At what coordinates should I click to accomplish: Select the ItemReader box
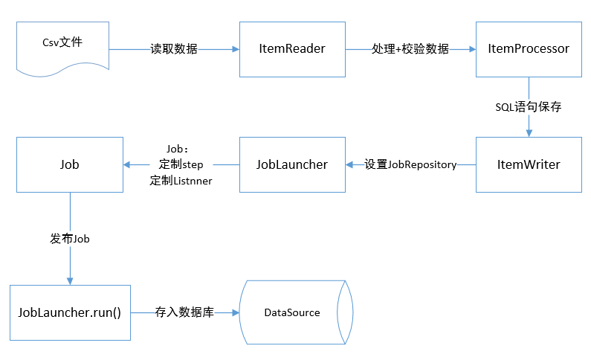[292, 49]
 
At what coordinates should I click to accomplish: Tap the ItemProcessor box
[528, 49]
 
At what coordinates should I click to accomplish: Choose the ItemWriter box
[528, 164]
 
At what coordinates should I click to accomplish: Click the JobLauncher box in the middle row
[291, 164]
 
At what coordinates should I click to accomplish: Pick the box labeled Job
[69, 164]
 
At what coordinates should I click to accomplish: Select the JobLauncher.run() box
[69, 312]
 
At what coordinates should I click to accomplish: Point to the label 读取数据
[174, 49]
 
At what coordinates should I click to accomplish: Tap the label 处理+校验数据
[410, 49]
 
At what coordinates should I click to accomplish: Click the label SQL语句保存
[528, 107]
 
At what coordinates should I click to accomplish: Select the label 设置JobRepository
[410, 164]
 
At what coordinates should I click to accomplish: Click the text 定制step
[181, 164]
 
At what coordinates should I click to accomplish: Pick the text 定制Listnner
[181, 179]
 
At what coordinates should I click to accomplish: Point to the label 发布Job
[70, 240]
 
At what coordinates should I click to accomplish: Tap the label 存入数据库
[184, 312]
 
